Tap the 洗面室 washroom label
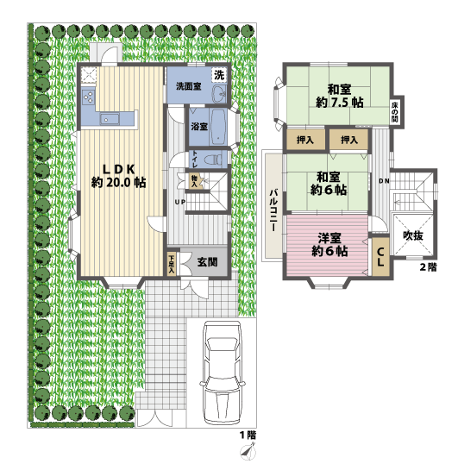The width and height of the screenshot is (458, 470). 189,86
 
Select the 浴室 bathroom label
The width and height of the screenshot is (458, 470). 198,126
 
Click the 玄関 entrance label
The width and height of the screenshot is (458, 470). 206,262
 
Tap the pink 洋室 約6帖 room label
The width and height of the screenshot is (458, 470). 329,244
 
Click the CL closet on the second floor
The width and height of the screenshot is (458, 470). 380,258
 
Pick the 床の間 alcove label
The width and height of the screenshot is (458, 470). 395,110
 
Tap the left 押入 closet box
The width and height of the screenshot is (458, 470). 304,140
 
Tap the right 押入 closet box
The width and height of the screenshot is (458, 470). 349,140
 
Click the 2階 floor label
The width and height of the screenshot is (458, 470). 428,267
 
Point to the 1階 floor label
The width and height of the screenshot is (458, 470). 248,435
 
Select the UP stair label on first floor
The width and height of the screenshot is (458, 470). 179,202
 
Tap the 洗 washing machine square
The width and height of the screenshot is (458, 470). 219,74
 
